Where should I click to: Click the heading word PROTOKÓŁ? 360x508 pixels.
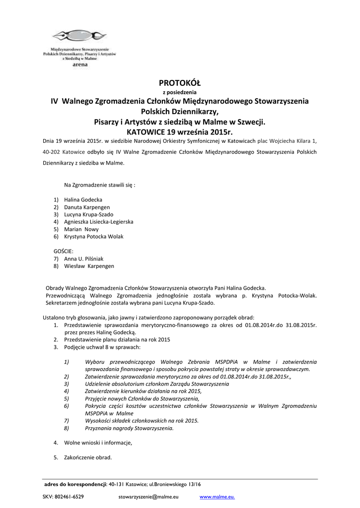coord(179,82)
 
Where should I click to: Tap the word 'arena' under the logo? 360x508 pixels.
coord(79,64)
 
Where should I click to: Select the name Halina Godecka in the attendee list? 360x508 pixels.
coord(83,199)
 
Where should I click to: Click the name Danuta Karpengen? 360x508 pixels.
coord(87,207)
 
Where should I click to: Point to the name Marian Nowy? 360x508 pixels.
coord(81,229)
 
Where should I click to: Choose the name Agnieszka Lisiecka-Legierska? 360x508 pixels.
coord(98,222)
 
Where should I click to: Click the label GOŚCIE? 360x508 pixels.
coord(64,252)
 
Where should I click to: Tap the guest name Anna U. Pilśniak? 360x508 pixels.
coord(83,258)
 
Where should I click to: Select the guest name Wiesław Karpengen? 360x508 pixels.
coord(89,266)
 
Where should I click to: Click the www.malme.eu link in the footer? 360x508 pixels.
coord(217,496)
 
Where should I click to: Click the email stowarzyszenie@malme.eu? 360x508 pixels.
coord(148,496)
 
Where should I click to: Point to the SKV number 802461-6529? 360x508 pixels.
coord(63,496)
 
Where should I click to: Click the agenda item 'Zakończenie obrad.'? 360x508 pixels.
coord(88,457)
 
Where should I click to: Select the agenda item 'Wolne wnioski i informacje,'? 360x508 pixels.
coord(98,442)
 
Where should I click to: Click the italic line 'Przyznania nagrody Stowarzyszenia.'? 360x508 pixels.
coord(129,428)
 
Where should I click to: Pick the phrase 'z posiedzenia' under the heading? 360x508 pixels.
coord(180,92)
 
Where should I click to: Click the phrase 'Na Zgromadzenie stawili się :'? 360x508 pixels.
coord(99,185)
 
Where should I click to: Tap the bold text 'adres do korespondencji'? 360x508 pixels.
coord(75,484)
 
